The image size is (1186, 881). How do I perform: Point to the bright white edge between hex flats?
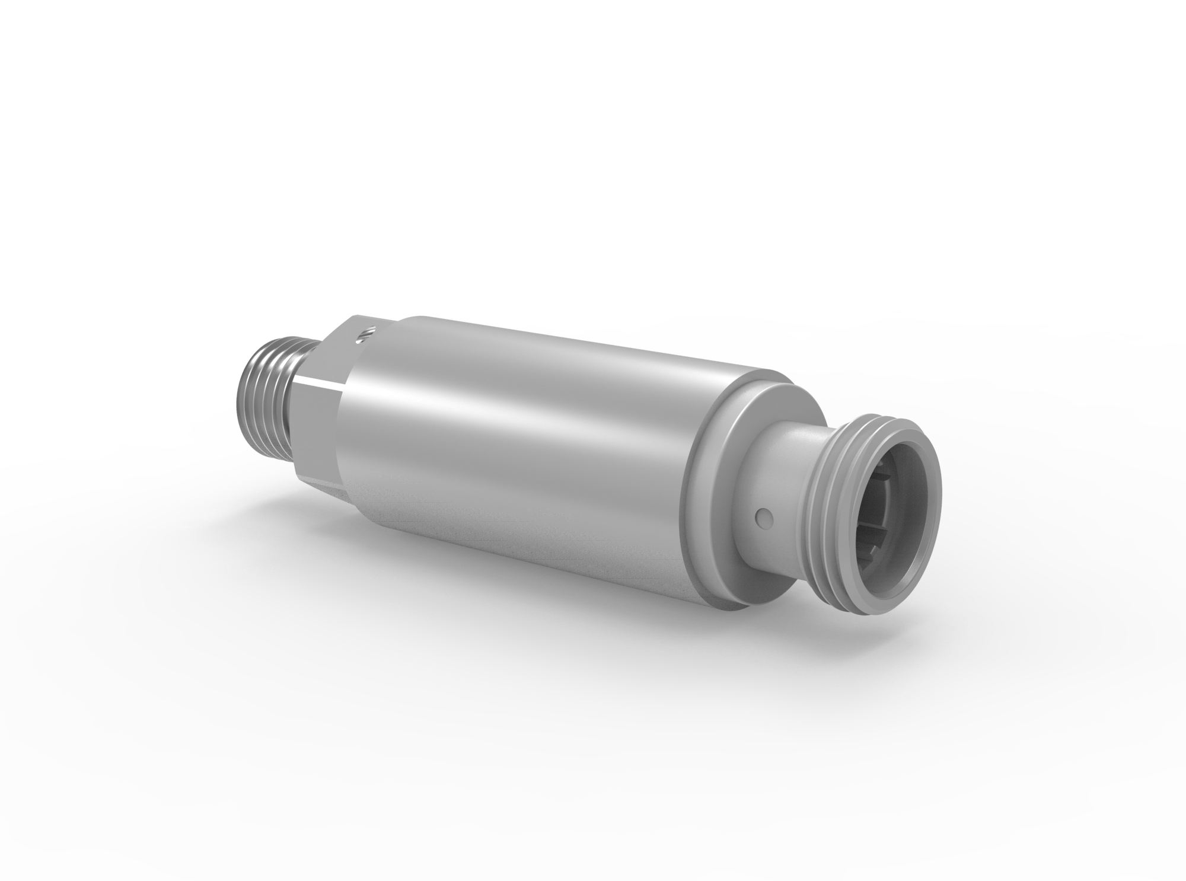320,379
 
